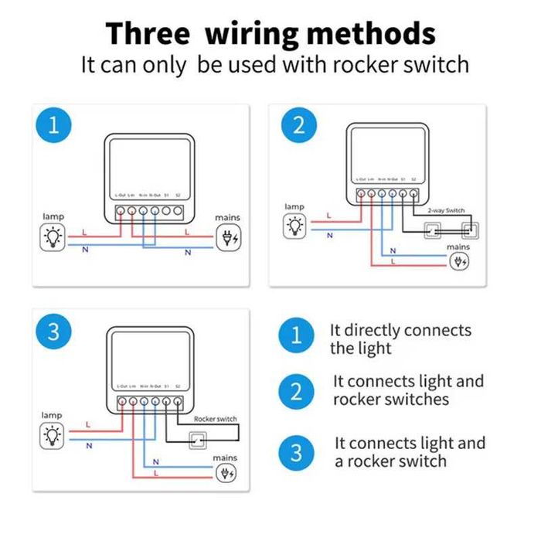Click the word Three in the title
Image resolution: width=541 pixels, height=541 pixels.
click(x=147, y=35)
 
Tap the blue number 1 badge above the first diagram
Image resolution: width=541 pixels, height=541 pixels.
click(x=53, y=125)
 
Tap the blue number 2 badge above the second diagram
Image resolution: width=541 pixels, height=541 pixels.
click(x=299, y=125)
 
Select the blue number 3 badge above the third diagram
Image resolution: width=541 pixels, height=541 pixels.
click(x=53, y=332)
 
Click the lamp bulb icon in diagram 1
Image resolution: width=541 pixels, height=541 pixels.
click(x=53, y=237)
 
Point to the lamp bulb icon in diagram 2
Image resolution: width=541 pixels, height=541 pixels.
click(x=294, y=226)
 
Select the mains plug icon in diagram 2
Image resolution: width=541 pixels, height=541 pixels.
click(x=459, y=260)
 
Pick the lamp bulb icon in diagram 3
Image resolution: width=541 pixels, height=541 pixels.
click(x=53, y=436)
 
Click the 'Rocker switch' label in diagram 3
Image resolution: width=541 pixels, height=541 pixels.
click(x=216, y=419)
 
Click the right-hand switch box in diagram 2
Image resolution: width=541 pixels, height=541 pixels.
click(x=467, y=230)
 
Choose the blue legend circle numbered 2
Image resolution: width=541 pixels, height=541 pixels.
click(x=296, y=390)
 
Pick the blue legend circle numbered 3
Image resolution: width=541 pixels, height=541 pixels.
click(x=296, y=451)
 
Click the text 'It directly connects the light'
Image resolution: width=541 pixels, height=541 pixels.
click(x=400, y=339)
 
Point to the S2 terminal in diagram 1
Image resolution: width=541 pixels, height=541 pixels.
click(x=179, y=209)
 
